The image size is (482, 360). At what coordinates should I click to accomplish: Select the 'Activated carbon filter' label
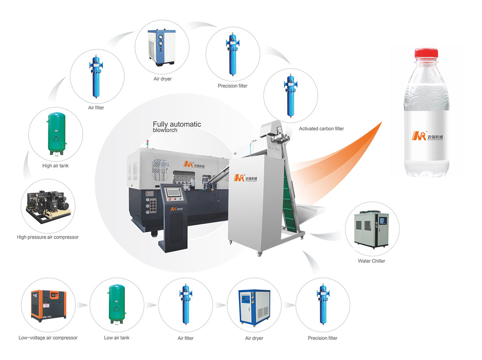click(321, 129)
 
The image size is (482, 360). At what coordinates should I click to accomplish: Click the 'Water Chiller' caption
click(372, 261)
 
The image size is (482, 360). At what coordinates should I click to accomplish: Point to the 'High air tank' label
click(55, 166)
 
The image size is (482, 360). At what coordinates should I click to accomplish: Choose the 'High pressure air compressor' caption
click(48, 237)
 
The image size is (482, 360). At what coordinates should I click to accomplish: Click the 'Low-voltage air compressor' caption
click(48, 338)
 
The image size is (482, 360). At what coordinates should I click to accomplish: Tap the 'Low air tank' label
click(117, 338)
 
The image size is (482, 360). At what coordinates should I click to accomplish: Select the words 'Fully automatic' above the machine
click(177, 125)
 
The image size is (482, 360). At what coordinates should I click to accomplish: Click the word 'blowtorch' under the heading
click(165, 131)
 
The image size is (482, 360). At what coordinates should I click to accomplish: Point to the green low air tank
click(117, 304)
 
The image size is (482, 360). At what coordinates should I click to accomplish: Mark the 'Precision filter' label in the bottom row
click(323, 338)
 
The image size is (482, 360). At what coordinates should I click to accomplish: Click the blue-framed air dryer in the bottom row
click(254, 306)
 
